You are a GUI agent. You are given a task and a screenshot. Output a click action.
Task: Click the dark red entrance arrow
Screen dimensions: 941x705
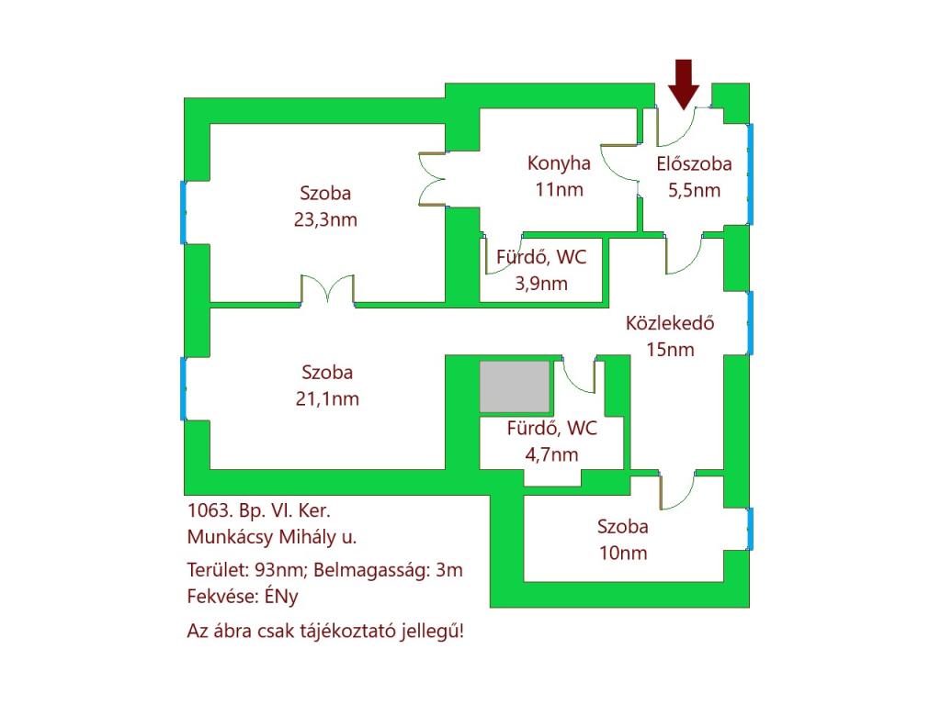(684, 84)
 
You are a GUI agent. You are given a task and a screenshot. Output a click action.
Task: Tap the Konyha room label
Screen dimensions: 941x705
(559, 163)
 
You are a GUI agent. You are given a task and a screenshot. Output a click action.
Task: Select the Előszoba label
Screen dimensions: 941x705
(694, 163)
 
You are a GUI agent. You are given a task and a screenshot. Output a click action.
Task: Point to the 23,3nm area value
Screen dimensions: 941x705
(325, 219)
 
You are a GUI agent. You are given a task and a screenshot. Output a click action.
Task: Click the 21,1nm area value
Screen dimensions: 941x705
(327, 398)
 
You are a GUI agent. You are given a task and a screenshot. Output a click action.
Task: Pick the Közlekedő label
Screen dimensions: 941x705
(670, 323)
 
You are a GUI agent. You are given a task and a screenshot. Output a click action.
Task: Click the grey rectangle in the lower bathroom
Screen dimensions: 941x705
(515, 386)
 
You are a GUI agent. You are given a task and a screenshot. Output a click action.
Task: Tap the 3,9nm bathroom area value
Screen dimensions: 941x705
(541, 283)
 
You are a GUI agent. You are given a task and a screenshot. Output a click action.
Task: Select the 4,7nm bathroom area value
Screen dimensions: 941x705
(551, 454)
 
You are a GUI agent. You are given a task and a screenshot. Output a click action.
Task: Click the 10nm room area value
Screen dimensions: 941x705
(623, 553)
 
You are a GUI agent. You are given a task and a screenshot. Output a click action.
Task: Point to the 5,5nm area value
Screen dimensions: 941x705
(695, 191)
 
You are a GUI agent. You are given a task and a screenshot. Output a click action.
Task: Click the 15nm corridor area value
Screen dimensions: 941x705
(670, 350)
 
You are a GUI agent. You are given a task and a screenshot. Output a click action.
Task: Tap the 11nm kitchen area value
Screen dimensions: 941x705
(559, 189)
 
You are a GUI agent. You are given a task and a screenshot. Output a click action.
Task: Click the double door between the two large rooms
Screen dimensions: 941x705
(327, 290)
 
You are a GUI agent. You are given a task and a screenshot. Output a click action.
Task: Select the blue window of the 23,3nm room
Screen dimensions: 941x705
(183, 213)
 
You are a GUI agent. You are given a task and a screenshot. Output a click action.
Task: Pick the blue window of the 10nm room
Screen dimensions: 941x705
(750, 529)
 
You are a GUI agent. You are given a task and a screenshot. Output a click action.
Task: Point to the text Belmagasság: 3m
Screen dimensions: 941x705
(389, 570)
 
